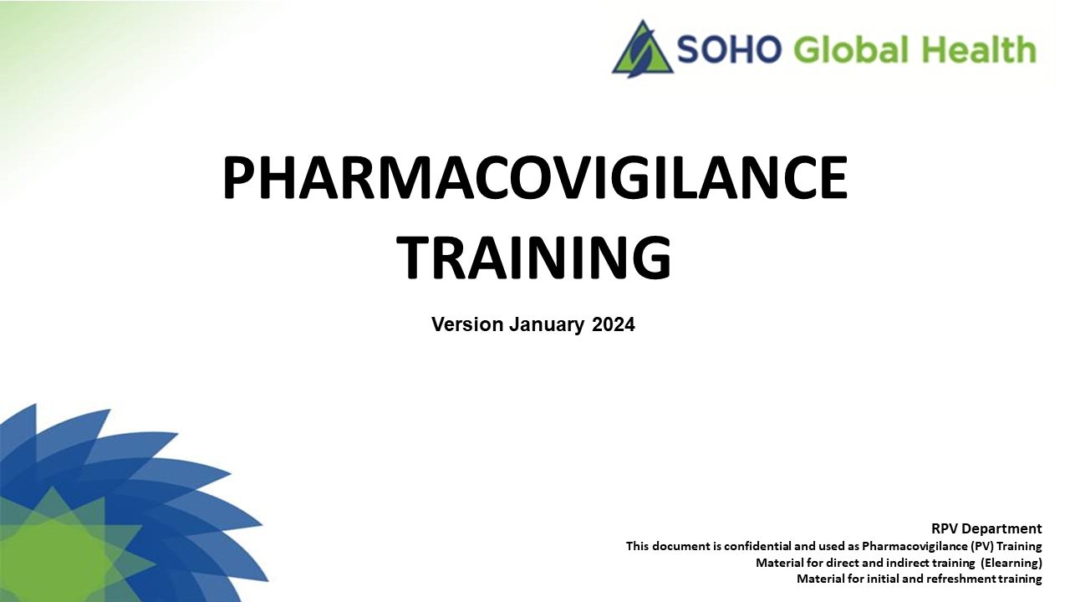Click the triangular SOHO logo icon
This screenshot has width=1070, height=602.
point(643,49)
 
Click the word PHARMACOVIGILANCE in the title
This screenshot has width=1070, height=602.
point(535,177)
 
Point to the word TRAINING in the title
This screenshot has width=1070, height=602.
point(534,257)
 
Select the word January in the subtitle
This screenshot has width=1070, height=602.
point(547,325)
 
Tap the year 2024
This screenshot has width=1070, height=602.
point(614,324)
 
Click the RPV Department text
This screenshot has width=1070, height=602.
point(986,529)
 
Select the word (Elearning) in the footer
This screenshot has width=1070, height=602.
point(1011,564)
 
